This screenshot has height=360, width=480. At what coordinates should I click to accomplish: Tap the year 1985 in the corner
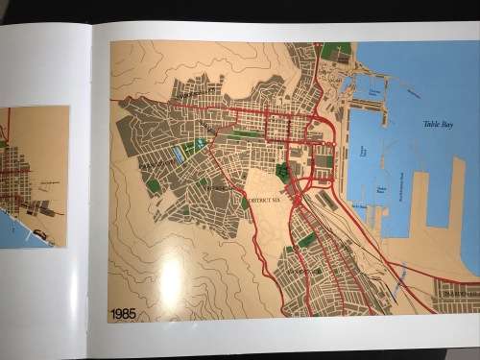pos(123,313)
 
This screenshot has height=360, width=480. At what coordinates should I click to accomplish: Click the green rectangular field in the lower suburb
pos(306,240)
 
